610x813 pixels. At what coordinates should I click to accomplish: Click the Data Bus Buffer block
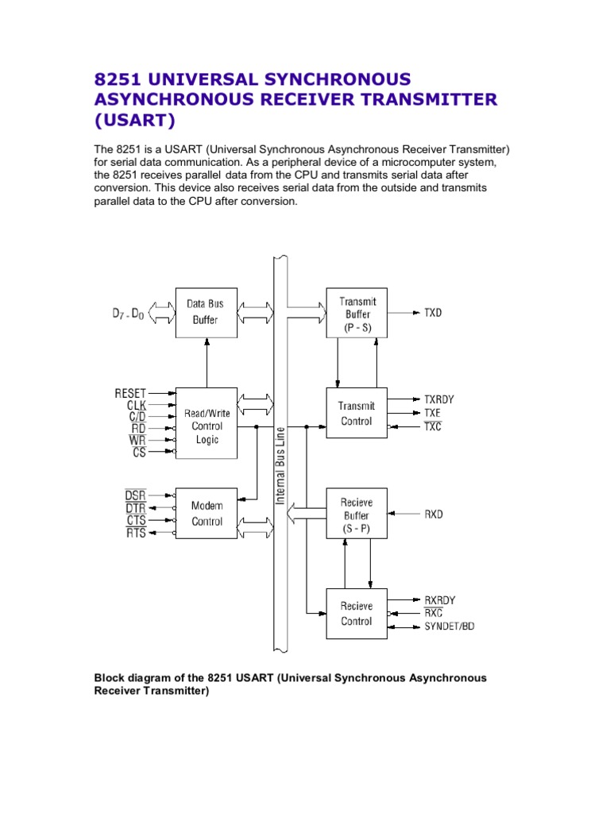pos(206,313)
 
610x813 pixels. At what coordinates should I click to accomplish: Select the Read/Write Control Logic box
pos(206,426)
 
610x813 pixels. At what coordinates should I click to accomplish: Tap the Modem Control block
pos(206,513)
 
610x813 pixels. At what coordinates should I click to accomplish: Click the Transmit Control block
pos(357,413)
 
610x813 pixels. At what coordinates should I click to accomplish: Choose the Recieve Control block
pos(357,613)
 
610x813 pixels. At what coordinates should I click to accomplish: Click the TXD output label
pos(433,313)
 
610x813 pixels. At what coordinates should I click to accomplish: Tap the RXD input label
pos(434,514)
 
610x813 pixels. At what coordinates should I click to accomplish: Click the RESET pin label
pos(130,392)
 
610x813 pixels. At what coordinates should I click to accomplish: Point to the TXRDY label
pos(439,399)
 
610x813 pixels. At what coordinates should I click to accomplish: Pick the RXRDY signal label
pos(440,600)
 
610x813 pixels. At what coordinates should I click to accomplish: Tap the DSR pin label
pos(135,495)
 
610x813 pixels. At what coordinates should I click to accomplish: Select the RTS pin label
pos(135,534)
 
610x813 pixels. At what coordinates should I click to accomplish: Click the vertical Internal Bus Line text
pos(280,465)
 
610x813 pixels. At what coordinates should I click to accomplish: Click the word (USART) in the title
pos(133,120)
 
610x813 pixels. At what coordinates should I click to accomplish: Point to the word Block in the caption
pos(110,678)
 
